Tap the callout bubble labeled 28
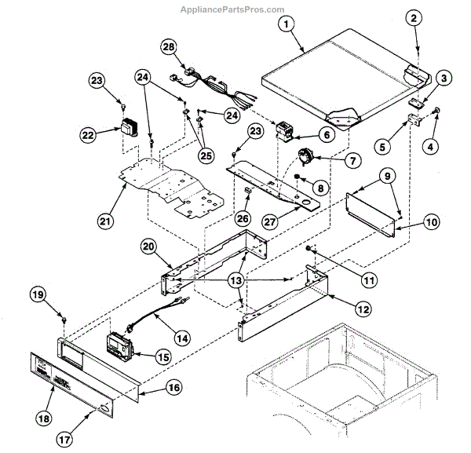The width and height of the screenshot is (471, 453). (167, 48)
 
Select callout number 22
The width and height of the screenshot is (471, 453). (88, 135)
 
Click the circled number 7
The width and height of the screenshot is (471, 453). (351, 160)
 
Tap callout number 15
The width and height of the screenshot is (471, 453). (163, 356)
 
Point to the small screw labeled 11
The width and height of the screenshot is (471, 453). (311, 250)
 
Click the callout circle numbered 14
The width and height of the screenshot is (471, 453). (182, 339)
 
